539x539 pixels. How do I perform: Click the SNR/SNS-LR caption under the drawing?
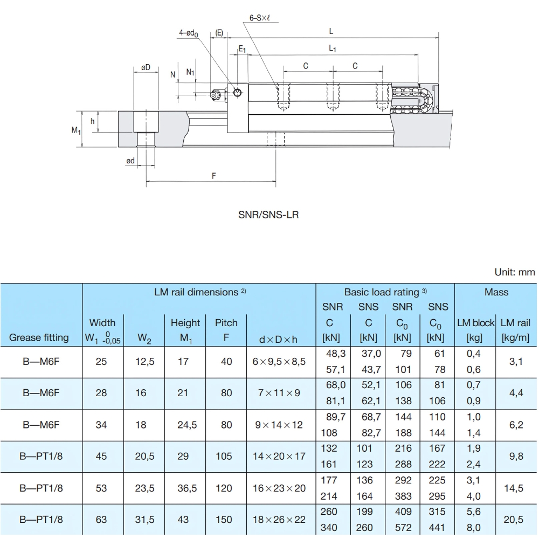pos(268,215)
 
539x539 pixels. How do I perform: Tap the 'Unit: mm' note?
pos(514,272)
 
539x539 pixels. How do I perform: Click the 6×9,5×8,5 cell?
pos(279,362)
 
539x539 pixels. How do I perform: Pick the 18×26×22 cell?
pos(279,520)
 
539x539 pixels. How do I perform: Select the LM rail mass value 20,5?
pos(516,520)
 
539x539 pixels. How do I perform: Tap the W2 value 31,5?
pos(144,520)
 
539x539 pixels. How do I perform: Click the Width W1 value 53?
pos(101,488)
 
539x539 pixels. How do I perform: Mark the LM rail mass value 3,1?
pos(516,362)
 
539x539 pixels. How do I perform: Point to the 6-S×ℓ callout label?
pos(263,17)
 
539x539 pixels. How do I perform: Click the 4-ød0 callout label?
pos(189,33)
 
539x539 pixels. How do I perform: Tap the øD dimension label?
pos(146,67)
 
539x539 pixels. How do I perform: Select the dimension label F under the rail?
pos(214,176)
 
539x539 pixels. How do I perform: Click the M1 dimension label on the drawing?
pos(76,130)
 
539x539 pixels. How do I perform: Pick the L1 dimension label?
pos(333,49)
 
